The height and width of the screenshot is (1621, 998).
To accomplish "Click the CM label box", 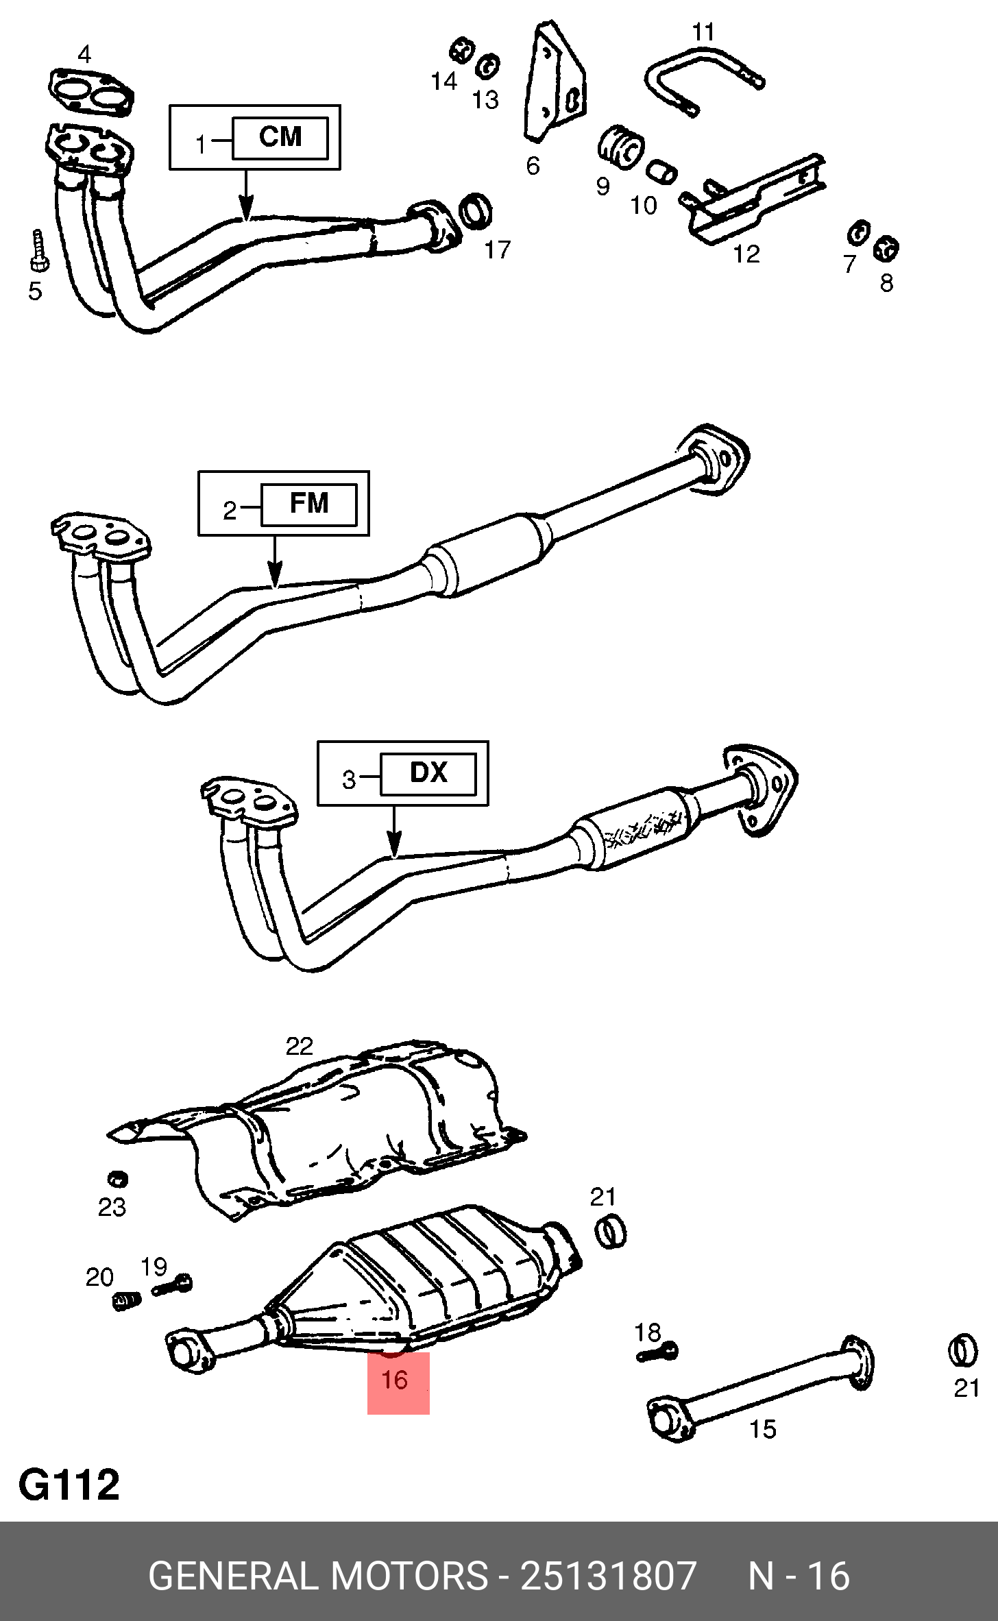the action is [x=280, y=138].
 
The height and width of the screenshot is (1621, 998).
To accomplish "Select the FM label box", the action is [x=309, y=504].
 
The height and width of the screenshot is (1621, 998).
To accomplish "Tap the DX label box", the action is [x=428, y=774].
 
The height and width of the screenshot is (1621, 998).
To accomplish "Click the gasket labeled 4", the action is [x=91, y=90].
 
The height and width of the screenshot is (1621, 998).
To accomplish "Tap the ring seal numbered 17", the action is [x=476, y=211].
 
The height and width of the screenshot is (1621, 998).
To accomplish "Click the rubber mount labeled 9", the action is [x=620, y=147].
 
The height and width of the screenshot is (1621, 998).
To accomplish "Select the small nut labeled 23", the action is [x=118, y=1179].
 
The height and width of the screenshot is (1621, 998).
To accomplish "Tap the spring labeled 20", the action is [x=126, y=1301].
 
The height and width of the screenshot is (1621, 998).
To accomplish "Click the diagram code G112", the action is [x=69, y=1487].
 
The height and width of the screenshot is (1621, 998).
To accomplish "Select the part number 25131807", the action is [x=609, y=1576].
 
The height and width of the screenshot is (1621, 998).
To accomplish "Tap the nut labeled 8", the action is [x=886, y=248].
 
